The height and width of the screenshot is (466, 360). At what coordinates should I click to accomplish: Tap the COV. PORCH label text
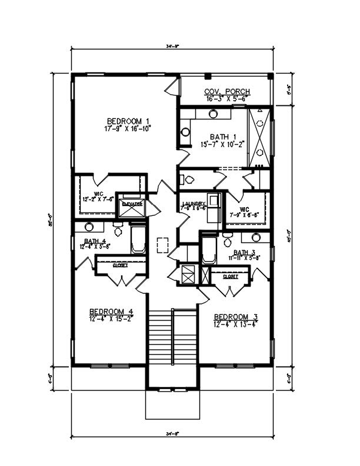pyautogui.click(x=226, y=92)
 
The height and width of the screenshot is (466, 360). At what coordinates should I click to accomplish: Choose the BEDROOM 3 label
pyautogui.click(x=235, y=315)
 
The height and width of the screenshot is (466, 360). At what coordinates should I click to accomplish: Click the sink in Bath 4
pyautogui.click(x=89, y=227)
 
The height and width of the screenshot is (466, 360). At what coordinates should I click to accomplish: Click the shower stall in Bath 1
pyautogui.click(x=259, y=137)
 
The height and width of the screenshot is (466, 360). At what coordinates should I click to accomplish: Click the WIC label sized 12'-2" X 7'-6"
pyautogui.click(x=98, y=192)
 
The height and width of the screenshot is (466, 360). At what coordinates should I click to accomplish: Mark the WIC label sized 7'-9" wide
pyautogui.click(x=245, y=208)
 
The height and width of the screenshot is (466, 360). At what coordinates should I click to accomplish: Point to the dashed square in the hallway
pyautogui.click(x=164, y=242)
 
